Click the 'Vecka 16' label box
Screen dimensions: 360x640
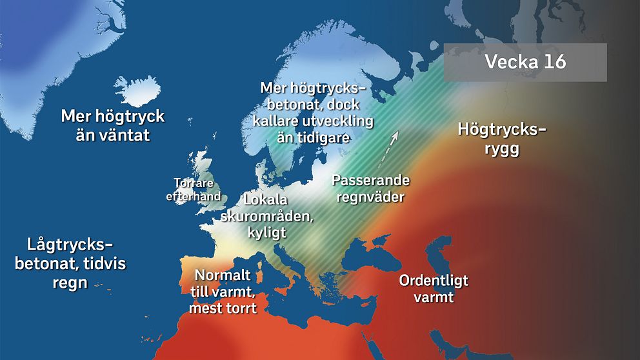click(x=525, y=63)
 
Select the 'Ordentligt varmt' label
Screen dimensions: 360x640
click(x=434, y=289)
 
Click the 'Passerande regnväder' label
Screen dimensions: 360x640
click(x=370, y=188)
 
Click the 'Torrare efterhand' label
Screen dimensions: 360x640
click(x=194, y=189)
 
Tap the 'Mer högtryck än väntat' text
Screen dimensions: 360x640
click(x=113, y=125)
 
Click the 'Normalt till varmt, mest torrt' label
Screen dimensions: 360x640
click(x=223, y=292)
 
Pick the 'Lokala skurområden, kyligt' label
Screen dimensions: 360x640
click(x=267, y=215)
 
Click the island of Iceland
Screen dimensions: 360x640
click(x=137, y=91)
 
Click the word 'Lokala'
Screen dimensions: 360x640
click(x=265, y=199)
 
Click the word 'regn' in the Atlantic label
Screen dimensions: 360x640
click(x=70, y=283)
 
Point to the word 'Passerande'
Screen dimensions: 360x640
click(x=370, y=180)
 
